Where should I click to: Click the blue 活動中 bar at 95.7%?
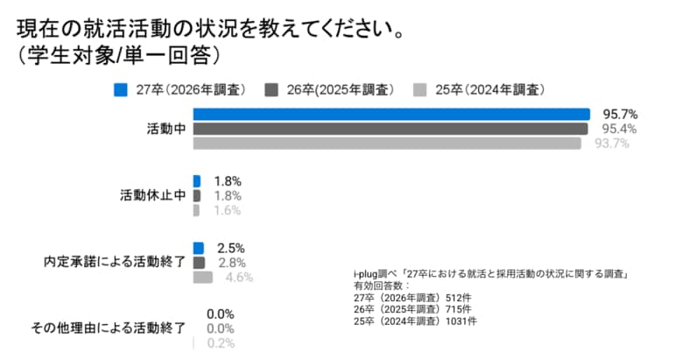[x=391, y=114]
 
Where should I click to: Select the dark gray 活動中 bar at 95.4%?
[x=390, y=129]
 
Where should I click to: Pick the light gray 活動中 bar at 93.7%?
[x=386, y=144]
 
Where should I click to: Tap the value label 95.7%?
[x=619, y=114]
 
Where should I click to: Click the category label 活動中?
[x=165, y=129]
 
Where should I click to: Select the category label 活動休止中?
[x=152, y=195]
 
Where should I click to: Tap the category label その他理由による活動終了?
[x=108, y=328]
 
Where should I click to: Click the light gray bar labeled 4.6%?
[x=202, y=277]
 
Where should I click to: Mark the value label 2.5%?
[x=230, y=248]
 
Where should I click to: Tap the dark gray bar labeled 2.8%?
[x=199, y=262]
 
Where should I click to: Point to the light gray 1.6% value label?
[x=226, y=210]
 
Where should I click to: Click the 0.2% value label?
[x=220, y=342]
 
